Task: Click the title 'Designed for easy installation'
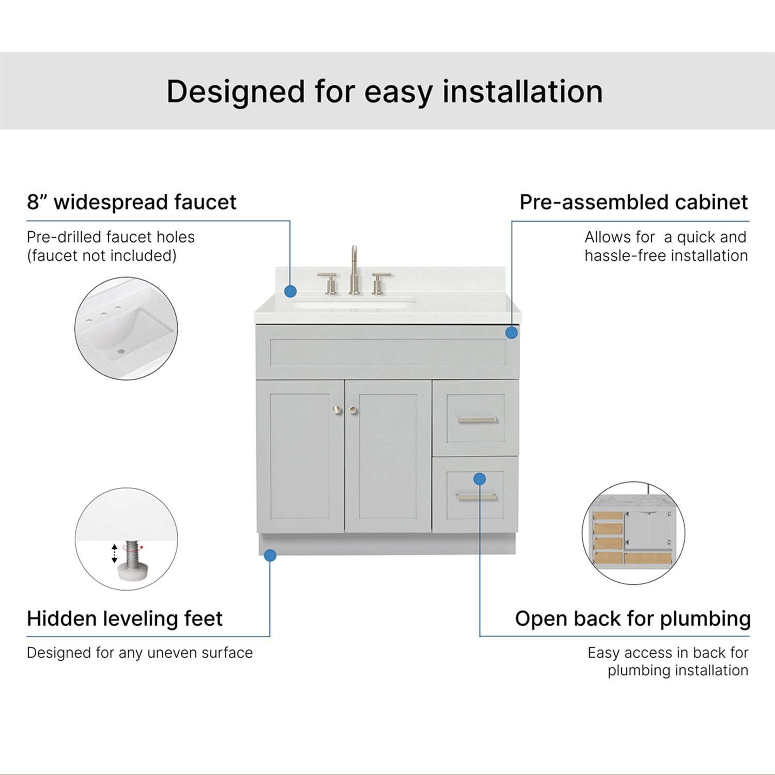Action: coord(384,91)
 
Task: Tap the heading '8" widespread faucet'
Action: coord(132,202)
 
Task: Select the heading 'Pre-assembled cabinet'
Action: coord(634,202)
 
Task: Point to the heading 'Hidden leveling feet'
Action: coord(125,618)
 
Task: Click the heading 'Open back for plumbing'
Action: coord(633,618)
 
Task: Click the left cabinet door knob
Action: coord(337,410)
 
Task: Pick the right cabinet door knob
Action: coord(353,410)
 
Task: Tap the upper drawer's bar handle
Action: coord(477,420)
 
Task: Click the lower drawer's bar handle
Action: coord(476,497)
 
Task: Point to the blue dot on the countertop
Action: coord(290,291)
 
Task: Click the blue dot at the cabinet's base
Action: coord(270,555)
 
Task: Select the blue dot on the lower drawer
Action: coord(479,479)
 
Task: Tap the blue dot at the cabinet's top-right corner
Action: coord(512,333)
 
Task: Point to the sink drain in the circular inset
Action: coord(122,351)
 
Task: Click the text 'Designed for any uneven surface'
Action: coord(139,653)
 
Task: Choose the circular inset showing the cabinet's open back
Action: coord(633,533)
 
